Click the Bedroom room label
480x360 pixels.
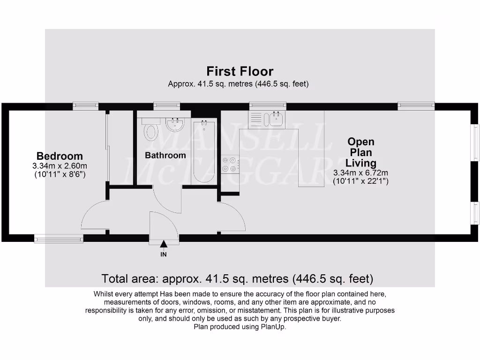click(x=60, y=156)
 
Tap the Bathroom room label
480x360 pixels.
click(x=165, y=155)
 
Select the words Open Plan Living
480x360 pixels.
click(x=361, y=152)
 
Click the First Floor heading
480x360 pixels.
click(x=240, y=71)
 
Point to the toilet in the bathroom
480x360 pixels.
click(x=151, y=131)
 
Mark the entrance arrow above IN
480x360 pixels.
click(x=164, y=244)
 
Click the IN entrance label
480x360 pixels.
click(x=164, y=255)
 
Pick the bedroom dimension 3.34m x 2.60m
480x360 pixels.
click(x=60, y=166)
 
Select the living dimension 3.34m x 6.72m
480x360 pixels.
click(x=360, y=173)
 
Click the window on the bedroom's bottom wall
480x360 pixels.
click(x=59, y=239)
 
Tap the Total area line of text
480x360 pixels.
click(x=237, y=279)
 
